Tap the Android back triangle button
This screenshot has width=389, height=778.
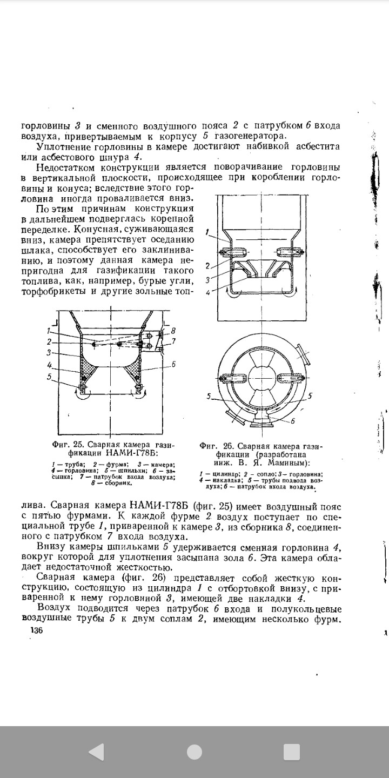[x=97, y=751]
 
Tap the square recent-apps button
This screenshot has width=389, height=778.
[x=291, y=751]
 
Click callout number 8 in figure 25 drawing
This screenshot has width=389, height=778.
[x=173, y=331]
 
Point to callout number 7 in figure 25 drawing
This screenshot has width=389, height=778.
[x=173, y=341]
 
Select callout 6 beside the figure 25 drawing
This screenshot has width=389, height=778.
[x=173, y=364]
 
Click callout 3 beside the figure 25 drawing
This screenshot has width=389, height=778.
[x=49, y=352]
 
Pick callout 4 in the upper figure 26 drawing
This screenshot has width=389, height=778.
[x=207, y=292]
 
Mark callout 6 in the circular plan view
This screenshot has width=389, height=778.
[x=292, y=421]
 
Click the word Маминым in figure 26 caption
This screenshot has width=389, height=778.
[x=291, y=463]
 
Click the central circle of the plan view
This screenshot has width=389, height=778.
[x=264, y=377]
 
